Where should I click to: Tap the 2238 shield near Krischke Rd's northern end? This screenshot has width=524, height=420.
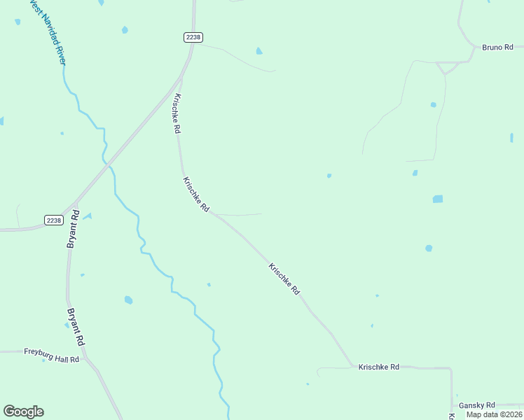pos(194,37)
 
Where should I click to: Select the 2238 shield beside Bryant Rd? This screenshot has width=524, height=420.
pos(54,220)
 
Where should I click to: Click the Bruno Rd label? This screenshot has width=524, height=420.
pos(497,48)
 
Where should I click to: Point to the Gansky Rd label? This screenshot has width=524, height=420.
pos(476,405)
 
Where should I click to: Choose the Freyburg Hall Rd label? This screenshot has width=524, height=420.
pos(52,352)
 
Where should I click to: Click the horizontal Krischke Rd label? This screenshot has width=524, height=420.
pos(378,367)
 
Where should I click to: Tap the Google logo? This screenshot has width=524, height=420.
pos(23,412)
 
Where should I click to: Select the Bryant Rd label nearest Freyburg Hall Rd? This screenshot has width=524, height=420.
pos(76,327)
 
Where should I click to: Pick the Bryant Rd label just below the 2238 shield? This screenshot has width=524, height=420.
pos(73,230)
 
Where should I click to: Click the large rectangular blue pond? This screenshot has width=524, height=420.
pos(438,199)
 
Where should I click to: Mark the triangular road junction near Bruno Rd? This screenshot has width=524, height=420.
pos(446,66)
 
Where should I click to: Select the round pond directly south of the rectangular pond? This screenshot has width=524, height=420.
pos(428,248)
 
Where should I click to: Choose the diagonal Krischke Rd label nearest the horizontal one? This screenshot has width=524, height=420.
pos(284,279)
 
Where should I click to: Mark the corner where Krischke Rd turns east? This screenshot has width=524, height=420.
pos(352,366)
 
